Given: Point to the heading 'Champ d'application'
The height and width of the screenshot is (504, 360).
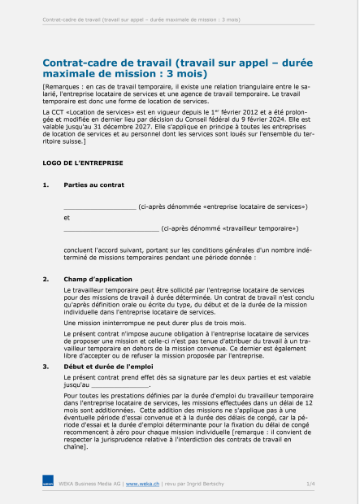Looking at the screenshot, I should coord(98,279).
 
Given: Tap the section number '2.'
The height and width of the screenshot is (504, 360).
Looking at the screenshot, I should coord(46,279).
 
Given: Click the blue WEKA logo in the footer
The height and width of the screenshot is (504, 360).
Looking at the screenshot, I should coord(48,484).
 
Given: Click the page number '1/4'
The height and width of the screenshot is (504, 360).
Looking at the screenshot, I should coord(310,484).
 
